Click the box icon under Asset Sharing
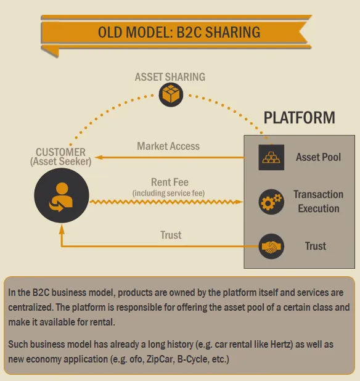click(x=171, y=94)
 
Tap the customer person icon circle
click(x=62, y=195)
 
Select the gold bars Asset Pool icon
click(x=271, y=157)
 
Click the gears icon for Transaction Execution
click(x=271, y=202)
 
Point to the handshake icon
click(x=271, y=246)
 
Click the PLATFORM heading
click(x=299, y=118)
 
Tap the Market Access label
click(x=168, y=146)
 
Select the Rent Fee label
click(x=170, y=182)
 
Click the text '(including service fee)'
click(x=168, y=193)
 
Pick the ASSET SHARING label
click(x=170, y=77)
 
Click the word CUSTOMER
click(x=60, y=152)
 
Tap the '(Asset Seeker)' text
click(x=61, y=162)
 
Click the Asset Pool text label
click(x=318, y=157)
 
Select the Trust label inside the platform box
click(x=315, y=246)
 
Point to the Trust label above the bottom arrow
click(x=171, y=235)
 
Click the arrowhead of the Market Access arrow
click(x=99, y=157)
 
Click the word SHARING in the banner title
click(x=232, y=32)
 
